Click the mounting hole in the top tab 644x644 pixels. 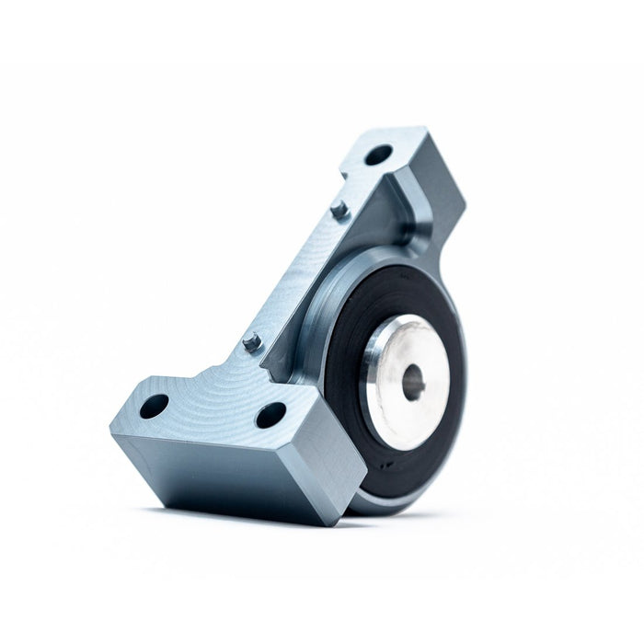tap(378, 154)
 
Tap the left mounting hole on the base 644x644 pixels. tap(154, 405)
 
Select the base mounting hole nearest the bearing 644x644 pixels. tap(270, 415)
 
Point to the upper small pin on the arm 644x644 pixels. tap(339, 210)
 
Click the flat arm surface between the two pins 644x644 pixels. tap(294, 276)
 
